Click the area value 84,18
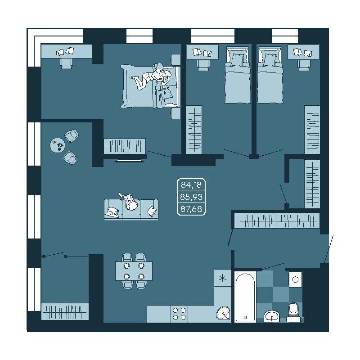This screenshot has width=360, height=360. (191, 184)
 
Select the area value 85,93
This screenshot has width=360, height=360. (191, 197)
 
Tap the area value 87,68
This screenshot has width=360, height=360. (191, 209)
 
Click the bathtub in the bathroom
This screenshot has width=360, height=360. (245, 297)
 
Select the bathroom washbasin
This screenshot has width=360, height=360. (272, 316)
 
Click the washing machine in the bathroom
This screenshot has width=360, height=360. (296, 279)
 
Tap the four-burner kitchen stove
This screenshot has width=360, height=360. (179, 314)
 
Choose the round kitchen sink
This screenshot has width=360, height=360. (223, 313)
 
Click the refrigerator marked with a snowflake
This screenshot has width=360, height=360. (222, 278)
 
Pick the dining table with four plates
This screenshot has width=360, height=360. (134, 271)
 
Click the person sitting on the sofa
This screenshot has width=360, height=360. (130, 202)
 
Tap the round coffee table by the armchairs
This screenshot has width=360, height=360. (58, 145)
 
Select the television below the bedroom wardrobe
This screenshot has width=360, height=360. (130, 161)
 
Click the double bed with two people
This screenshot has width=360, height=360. (150, 86)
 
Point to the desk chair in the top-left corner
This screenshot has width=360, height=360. (66, 63)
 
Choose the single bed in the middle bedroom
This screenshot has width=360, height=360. (238, 75)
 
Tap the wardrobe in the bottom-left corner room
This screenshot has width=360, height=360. (65, 311)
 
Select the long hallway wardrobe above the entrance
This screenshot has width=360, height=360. (277, 220)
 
